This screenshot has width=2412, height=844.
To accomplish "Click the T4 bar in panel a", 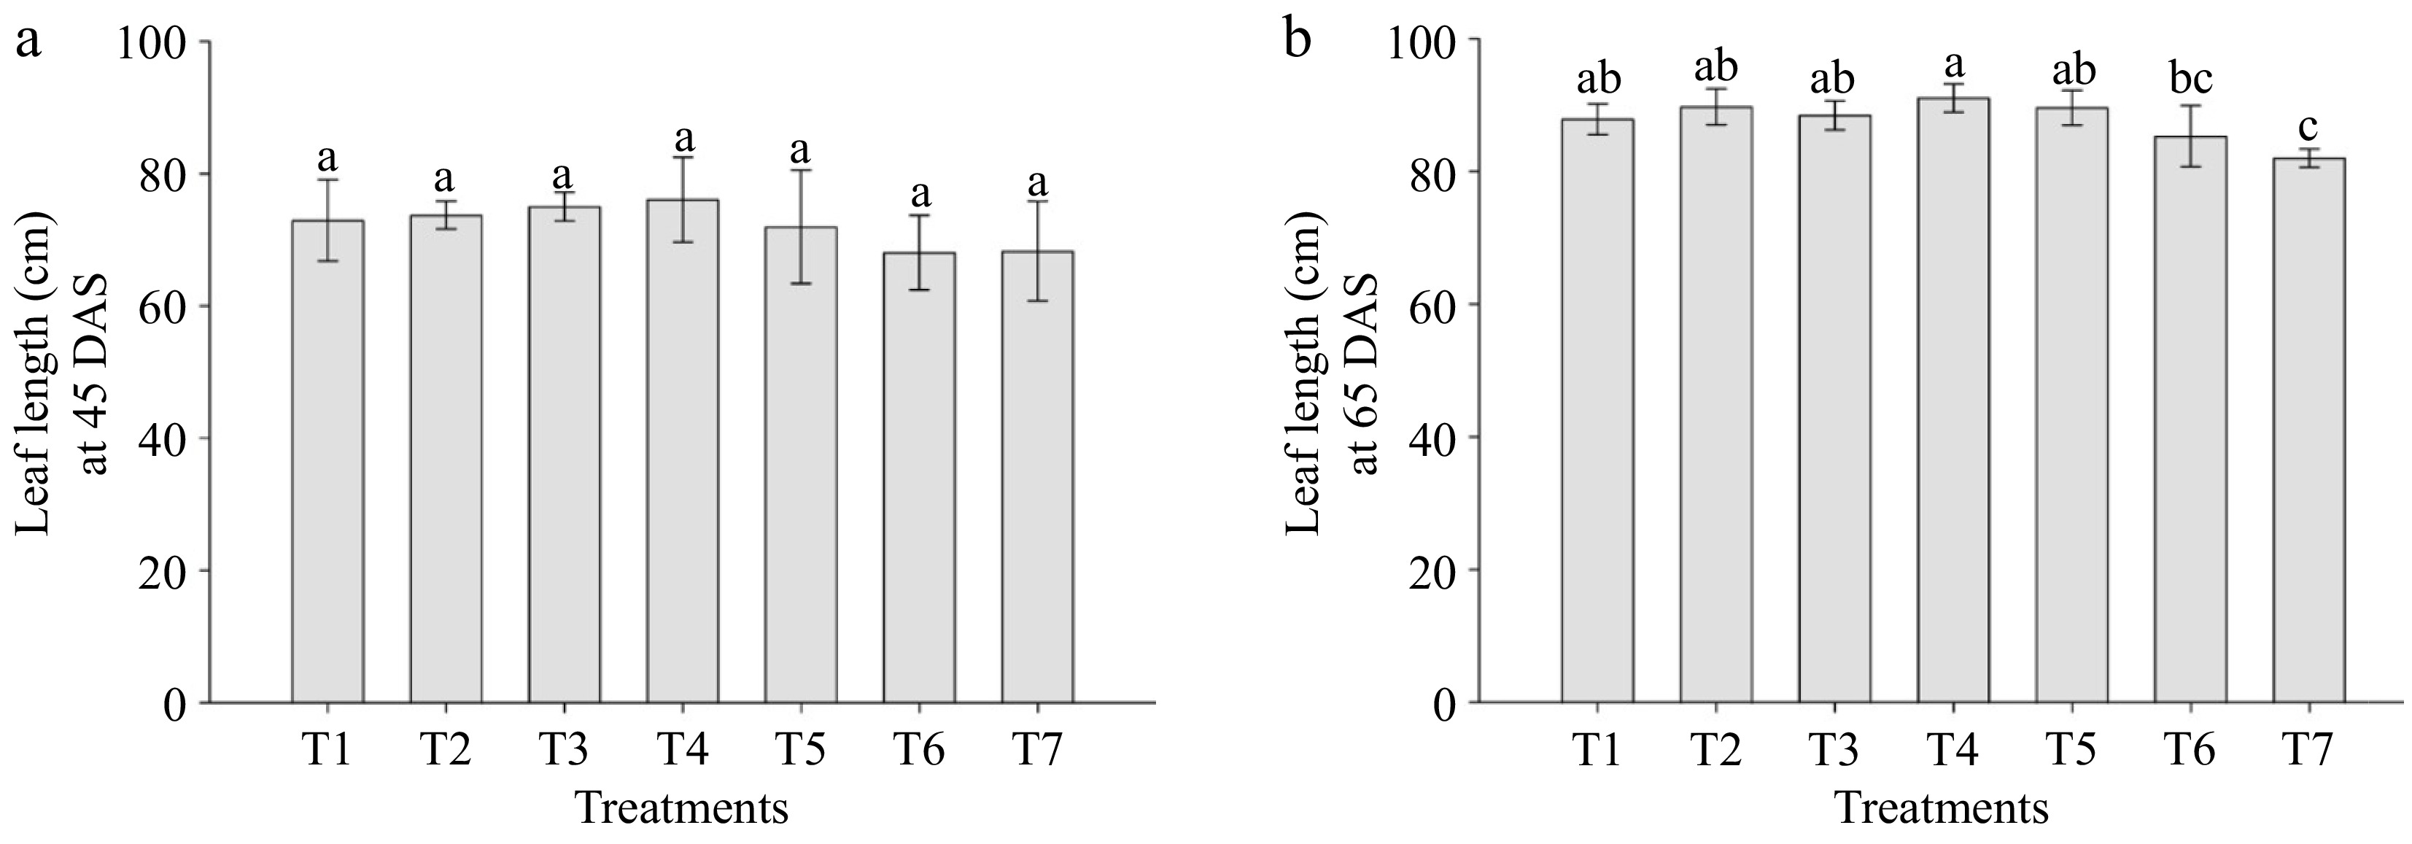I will coord(683,449).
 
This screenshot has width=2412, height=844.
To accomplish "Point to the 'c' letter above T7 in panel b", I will coord(2309,126).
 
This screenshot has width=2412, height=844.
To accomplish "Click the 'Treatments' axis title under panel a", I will coord(682,808).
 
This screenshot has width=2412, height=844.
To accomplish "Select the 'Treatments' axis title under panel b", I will coord(1941,808).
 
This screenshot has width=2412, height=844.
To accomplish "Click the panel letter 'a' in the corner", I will coord(29,42).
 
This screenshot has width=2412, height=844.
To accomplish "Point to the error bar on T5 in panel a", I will coord(801,227).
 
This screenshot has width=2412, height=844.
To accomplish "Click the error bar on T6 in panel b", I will coord(2190,136).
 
